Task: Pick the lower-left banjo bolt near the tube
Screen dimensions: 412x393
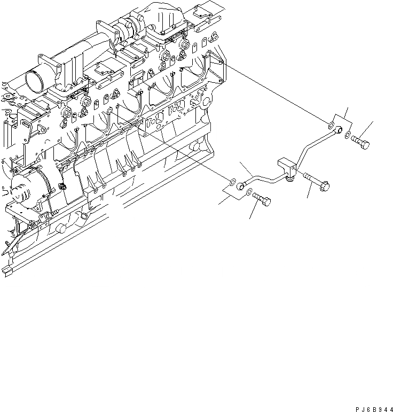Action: [x=261, y=199]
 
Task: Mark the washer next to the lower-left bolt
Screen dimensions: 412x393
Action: [x=249, y=191]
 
